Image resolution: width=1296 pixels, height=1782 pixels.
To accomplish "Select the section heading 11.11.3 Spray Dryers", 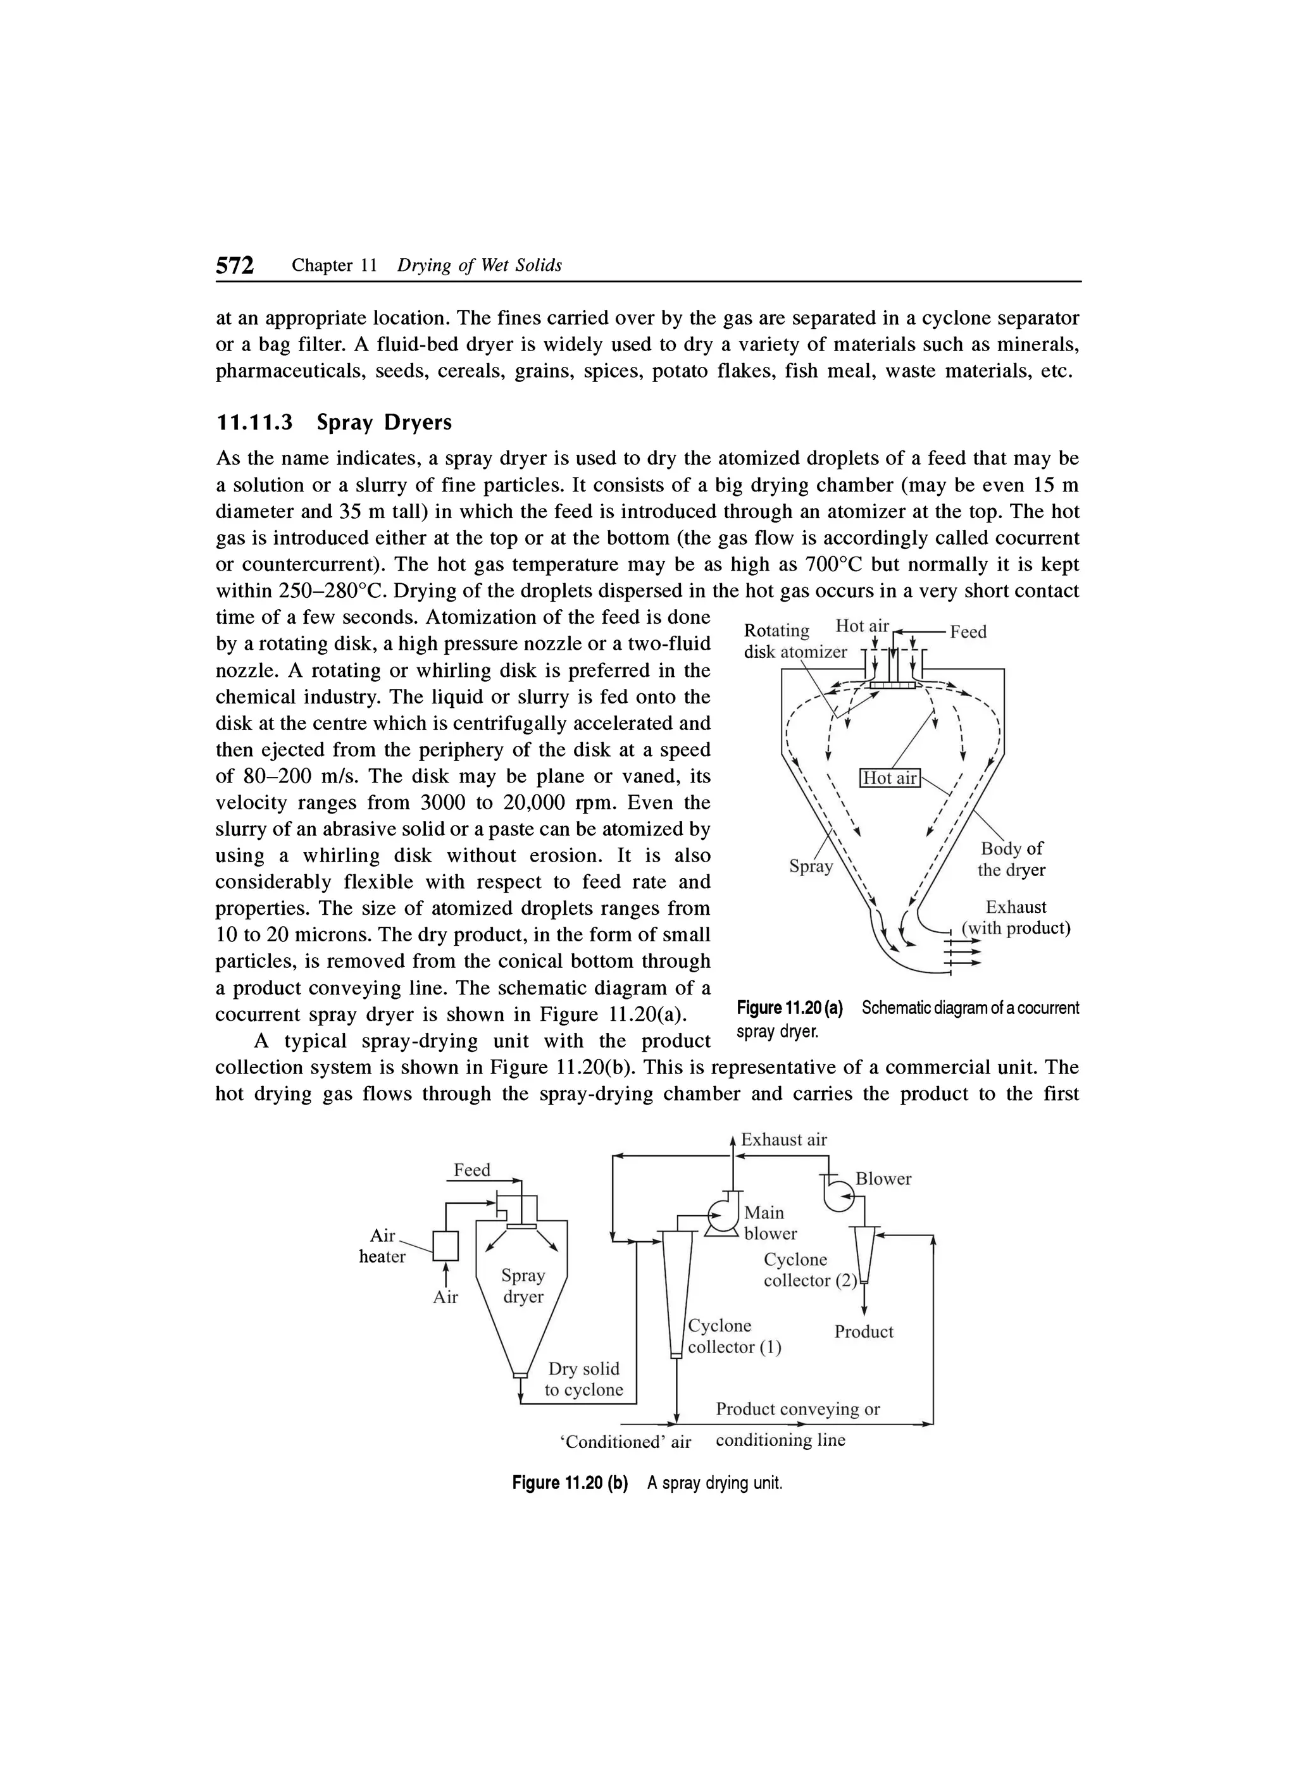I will [x=334, y=423].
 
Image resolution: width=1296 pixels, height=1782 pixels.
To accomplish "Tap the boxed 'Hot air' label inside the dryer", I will [x=890, y=778].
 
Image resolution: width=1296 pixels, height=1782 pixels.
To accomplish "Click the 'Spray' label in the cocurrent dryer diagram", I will [x=810, y=867].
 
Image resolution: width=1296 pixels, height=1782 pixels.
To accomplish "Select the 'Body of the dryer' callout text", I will [x=1011, y=860].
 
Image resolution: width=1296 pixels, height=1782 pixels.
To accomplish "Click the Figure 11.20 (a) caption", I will [x=907, y=1018].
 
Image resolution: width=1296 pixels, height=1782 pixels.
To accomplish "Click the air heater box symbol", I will [x=445, y=1246].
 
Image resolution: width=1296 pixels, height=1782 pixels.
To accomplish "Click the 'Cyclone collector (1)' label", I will [x=734, y=1337].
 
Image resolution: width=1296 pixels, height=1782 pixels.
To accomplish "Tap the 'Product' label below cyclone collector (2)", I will [x=864, y=1332].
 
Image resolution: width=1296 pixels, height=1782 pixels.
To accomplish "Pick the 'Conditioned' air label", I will [x=626, y=1442].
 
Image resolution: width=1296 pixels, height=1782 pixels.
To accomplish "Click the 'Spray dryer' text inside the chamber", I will [x=523, y=1286].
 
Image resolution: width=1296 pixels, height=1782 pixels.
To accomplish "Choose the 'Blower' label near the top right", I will [x=883, y=1179].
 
